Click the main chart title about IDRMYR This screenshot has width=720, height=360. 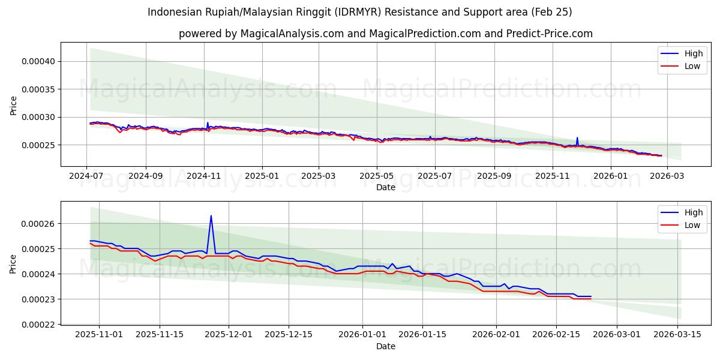coord(360,12)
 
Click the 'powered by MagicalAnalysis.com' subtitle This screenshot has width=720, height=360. coord(385,34)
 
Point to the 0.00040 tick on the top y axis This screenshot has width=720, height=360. coord(38,61)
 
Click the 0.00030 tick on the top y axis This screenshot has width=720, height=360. coord(38,117)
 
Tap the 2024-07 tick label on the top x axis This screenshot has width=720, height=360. coord(87,176)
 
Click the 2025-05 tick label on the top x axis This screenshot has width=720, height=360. coord(377,176)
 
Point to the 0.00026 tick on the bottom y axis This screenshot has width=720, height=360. coord(38,224)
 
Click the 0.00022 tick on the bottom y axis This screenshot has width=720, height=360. coord(38,325)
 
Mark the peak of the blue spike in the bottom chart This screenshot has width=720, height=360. coord(211,216)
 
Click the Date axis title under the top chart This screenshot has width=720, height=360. coord(385,187)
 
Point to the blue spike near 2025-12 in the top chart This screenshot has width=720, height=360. coord(577,138)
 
